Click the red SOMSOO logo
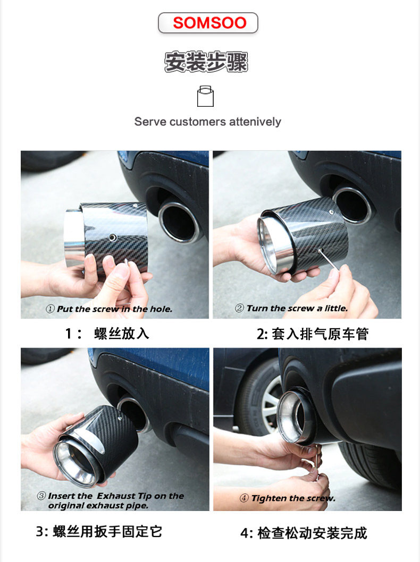tap(209, 23)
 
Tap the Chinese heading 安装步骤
tap(206, 62)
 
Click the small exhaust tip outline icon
tap(206, 96)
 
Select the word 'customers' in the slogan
tap(198, 122)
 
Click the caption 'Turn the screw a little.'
tap(297, 308)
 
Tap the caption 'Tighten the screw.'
tap(293, 498)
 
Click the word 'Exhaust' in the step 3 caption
tap(116, 496)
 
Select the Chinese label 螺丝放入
tap(122, 334)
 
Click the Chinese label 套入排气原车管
tap(320, 334)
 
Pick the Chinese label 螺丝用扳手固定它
tap(107, 532)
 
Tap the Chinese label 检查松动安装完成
tap(313, 533)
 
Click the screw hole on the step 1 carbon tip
tap(113, 237)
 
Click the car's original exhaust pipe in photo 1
tap(179, 223)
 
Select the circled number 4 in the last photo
tap(244, 498)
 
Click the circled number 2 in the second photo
tap(239, 308)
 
